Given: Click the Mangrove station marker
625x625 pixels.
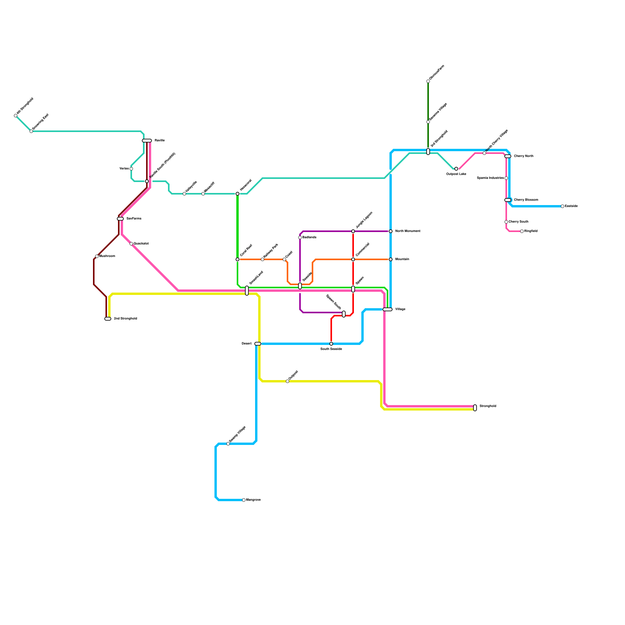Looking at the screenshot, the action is tap(244, 500).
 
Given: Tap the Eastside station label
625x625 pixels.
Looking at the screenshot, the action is tap(571, 206).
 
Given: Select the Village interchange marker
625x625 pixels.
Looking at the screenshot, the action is tap(387, 309).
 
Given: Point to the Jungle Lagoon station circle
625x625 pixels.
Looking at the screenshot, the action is tap(353, 231).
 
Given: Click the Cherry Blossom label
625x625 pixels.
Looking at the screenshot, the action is tap(526, 200).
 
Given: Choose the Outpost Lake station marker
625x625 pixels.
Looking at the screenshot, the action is tap(456, 169).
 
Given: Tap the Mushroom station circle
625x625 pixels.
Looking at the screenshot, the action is tap(97, 256).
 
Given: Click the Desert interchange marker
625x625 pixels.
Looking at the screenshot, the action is tap(258, 344).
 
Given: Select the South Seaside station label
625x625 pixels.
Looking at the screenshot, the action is tap(331, 349).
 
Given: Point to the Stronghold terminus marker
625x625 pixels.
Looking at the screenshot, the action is tap(475, 408).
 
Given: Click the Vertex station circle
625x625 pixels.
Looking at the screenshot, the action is tap(131, 169).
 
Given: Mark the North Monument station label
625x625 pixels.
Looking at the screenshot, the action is tap(407, 231).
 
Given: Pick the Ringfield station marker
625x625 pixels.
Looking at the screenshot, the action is tap(522, 231).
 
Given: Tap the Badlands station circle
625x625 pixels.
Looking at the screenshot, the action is tap(300, 237).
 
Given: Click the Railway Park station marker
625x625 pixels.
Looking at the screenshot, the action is tap(262, 259).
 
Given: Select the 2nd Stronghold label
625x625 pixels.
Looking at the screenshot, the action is tap(125, 319).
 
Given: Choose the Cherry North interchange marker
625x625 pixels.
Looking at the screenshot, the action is tap(508, 156).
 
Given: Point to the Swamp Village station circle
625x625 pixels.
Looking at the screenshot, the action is tap(228, 444).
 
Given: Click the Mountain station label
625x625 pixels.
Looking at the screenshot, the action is tap(402, 259).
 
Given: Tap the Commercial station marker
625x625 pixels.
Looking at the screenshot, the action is tap(353, 259).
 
